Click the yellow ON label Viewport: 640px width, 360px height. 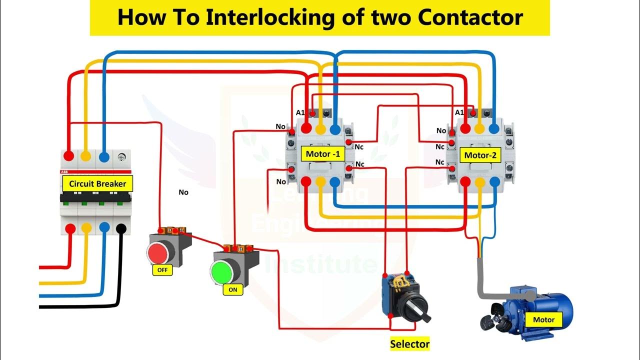pos(232,289)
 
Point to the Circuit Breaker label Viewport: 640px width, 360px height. pos(97,183)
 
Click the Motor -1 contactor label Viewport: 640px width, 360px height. pos(322,154)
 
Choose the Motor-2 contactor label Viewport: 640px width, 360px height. pos(480,155)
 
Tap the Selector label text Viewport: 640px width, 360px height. pos(409,344)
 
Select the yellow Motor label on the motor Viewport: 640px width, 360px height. pos(543,319)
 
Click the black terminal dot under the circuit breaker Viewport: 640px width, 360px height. pos(120,229)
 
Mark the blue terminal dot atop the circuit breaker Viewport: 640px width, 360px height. pos(104,156)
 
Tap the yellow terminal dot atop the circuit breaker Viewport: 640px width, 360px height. pos(86,156)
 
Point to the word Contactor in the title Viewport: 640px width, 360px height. pos(470,17)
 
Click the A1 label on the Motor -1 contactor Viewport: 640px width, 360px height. pos(300,112)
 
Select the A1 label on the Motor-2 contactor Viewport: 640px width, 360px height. pos(459,112)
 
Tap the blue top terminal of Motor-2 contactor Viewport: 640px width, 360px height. pos(494,128)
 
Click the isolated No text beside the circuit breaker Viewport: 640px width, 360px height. pos(183,192)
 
